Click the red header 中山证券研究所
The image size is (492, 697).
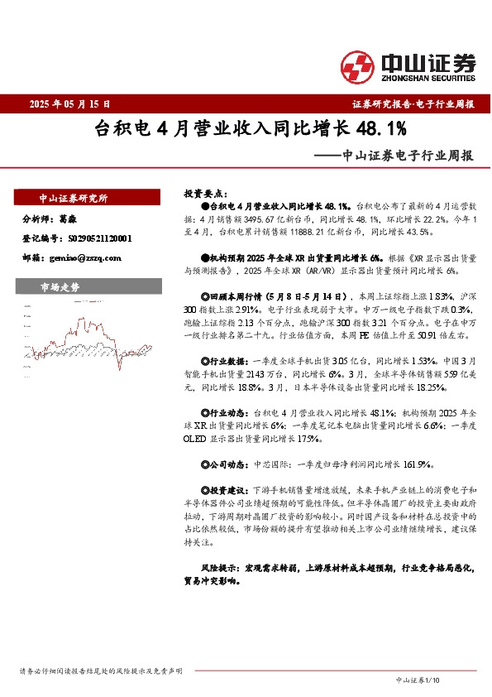(x=74, y=199)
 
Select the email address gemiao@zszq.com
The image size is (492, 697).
(x=85, y=257)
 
